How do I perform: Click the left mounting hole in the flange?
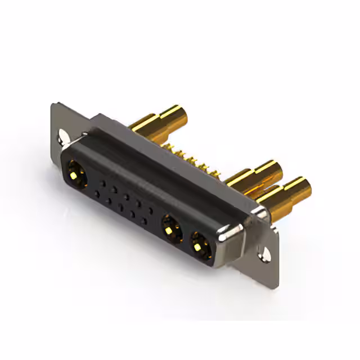tap(63, 136)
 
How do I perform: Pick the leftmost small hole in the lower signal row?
tap(97, 195)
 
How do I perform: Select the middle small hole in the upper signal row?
tap(127, 197)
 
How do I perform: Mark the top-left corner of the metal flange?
tap(53, 104)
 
